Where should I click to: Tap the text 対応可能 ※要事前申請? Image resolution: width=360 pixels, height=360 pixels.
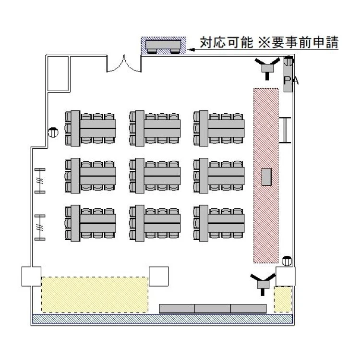point(269,43)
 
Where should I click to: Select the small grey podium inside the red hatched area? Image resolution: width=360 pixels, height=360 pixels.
point(266,177)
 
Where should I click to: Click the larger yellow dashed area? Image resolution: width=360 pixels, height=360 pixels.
point(95,294)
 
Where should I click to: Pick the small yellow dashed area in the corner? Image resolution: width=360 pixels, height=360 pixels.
point(283,299)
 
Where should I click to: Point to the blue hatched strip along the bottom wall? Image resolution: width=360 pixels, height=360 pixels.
point(162,318)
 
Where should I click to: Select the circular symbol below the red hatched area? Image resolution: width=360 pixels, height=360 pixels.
point(287,261)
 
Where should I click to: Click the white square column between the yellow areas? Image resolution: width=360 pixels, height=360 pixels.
point(158,276)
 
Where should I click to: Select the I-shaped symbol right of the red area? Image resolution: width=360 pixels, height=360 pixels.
point(286,130)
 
